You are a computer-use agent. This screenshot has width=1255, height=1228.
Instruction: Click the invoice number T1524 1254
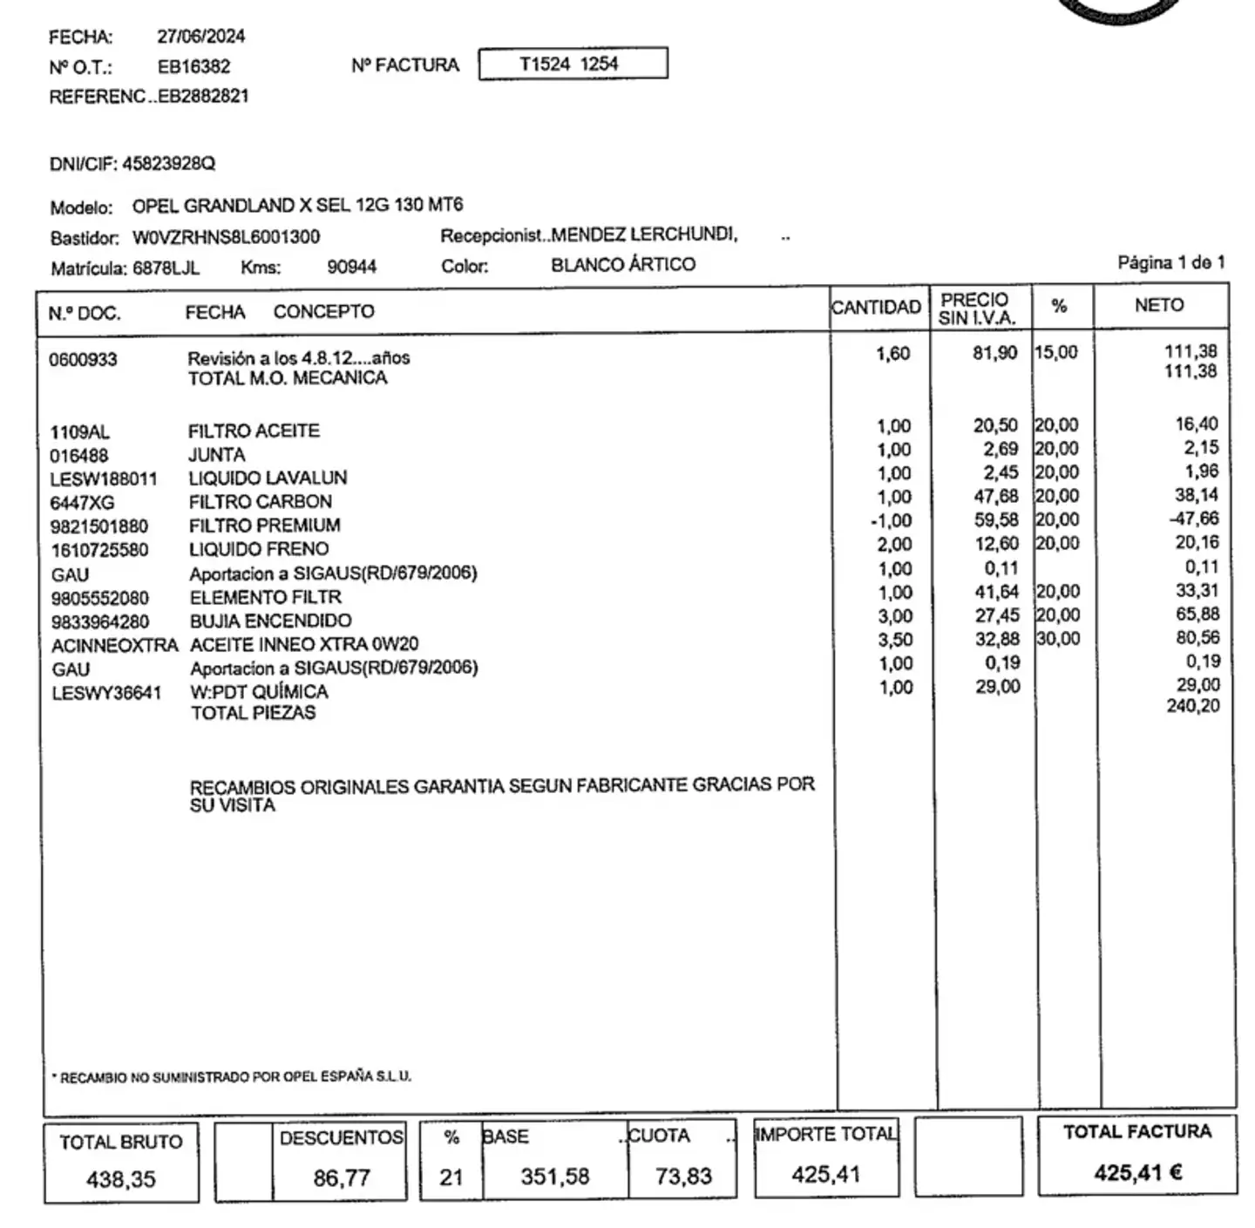click(x=568, y=64)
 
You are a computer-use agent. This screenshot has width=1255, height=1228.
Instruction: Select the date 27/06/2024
click(x=200, y=37)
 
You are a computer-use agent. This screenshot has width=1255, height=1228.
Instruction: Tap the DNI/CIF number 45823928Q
click(x=168, y=164)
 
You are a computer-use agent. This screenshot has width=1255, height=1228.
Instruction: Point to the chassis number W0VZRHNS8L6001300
click(x=226, y=237)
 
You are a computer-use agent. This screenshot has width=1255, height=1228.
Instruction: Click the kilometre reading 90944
click(x=351, y=267)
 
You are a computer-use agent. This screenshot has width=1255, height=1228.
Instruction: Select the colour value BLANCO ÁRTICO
click(x=623, y=264)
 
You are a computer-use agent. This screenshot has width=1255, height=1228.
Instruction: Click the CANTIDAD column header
click(x=876, y=307)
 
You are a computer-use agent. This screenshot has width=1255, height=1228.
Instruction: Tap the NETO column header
click(x=1158, y=305)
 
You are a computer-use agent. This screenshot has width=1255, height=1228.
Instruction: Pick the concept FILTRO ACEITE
click(x=254, y=431)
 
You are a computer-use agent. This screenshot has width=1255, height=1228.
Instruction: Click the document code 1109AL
click(x=79, y=432)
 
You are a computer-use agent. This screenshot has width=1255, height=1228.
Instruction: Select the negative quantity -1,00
click(x=891, y=520)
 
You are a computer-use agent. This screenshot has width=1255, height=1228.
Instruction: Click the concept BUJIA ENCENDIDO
click(x=270, y=621)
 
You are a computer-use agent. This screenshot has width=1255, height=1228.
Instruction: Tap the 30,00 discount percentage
click(x=1058, y=639)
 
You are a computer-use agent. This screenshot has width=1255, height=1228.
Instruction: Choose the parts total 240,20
click(x=1193, y=706)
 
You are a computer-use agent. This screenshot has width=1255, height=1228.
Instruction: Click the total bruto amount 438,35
click(x=120, y=1179)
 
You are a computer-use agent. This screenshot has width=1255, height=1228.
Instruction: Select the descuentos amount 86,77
click(x=342, y=1178)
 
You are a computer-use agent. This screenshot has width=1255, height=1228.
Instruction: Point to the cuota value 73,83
click(x=683, y=1177)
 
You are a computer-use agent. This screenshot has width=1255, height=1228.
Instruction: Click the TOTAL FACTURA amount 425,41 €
click(x=1137, y=1173)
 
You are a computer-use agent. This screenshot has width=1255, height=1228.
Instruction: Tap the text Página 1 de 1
click(x=1170, y=262)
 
